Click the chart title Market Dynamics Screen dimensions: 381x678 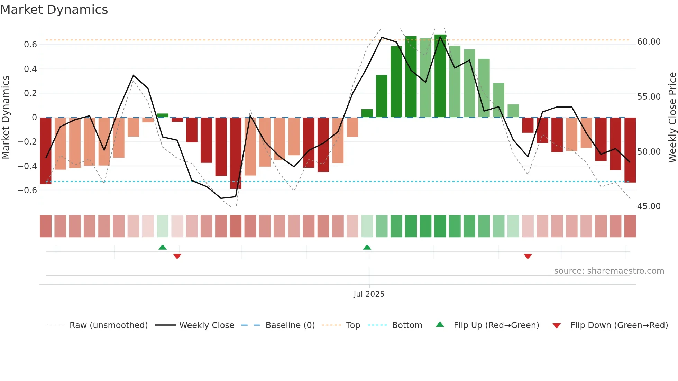click(54, 10)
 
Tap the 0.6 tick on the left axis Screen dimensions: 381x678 click(30, 45)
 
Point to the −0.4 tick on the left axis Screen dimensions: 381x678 click(27, 166)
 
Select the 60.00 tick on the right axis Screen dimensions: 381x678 click(649, 42)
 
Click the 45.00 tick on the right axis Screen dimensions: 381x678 click(649, 206)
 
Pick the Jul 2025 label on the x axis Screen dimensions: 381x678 click(369, 294)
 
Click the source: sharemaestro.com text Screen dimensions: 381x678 click(609, 271)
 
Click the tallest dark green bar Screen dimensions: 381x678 click(440, 76)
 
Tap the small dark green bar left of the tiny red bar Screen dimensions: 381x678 click(163, 115)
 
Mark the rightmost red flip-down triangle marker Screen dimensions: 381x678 click(528, 256)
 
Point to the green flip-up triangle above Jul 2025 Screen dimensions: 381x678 click(367, 247)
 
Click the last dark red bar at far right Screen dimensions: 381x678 click(630, 150)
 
